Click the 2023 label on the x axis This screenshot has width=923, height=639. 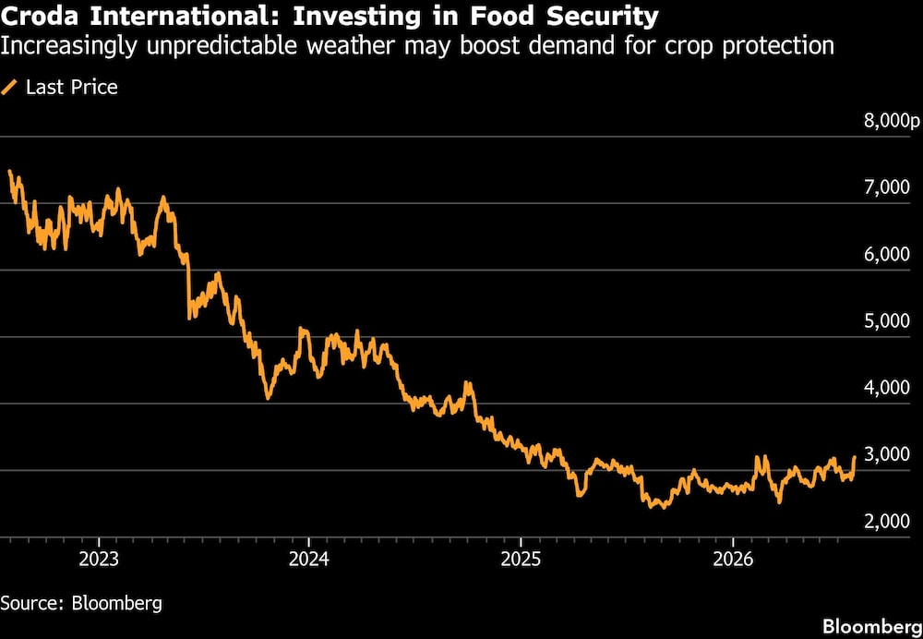tap(99, 559)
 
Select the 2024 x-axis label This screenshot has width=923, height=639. tap(308, 559)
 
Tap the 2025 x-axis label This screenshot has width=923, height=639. tap(521, 559)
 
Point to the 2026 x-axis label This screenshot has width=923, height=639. tap(732, 559)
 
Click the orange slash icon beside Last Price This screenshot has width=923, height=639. tap(9, 88)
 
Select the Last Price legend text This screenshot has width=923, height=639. tap(72, 88)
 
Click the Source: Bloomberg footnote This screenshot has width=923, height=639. tap(81, 603)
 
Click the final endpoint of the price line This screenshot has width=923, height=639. tap(855, 456)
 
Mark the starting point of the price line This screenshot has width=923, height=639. tap(9, 171)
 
